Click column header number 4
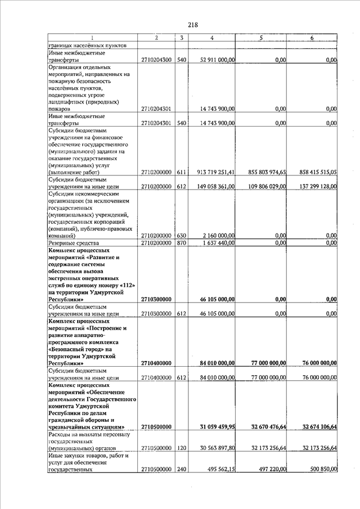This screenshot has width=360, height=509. (x=211, y=38)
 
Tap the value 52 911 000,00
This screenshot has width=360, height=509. (x=218, y=59)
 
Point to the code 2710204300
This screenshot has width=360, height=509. (x=156, y=59)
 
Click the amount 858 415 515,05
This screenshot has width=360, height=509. (x=318, y=172)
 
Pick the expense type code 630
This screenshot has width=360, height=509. (x=181, y=236)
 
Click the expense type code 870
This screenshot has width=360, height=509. (x=181, y=243)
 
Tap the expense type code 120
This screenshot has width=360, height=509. (x=181, y=448)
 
